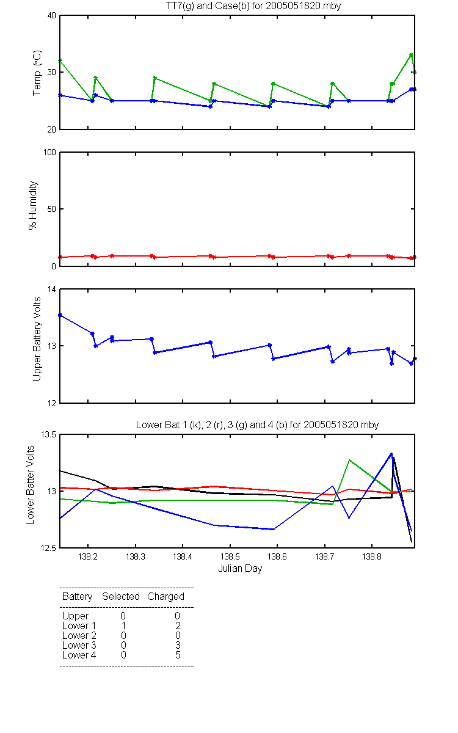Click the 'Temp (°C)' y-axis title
(x=37, y=73)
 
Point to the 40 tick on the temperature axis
(x=52, y=16)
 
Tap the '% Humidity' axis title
(x=33, y=205)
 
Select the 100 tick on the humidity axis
(x=49, y=152)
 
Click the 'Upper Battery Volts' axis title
(x=37, y=339)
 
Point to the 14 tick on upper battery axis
(x=52, y=290)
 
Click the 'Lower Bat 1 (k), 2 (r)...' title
(x=257, y=425)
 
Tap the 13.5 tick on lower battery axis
(x=48, y=434)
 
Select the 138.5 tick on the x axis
(x=230, y=556)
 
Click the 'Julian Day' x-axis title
(x=240, y=569)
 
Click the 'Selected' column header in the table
(x=121, y=596)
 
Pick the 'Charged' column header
(x=165, y=597)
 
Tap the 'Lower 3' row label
(x=79, y=645)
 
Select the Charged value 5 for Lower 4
(x=178, y=655)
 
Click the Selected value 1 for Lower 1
(x=123, y=625)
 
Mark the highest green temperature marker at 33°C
(x=411, y=55)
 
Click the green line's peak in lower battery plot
(x=349, y=460)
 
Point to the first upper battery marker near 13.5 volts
(x=60, y=315)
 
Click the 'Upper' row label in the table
(x=75, y=616)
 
